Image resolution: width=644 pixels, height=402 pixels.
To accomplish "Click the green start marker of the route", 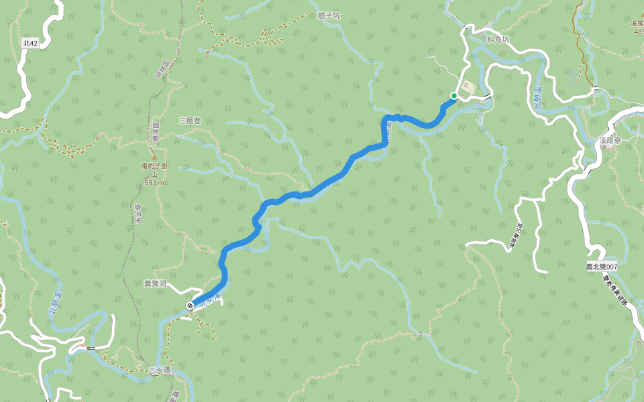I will click(x=454, y=96).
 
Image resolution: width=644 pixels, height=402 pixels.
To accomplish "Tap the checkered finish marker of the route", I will click(x=191, y=306).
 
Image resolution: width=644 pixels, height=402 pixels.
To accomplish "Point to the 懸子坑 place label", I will click(x=329, y=15).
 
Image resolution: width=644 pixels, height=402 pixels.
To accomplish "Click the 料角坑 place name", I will click(x=498, y=40).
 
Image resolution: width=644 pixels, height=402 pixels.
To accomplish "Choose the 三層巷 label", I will click(x=190, y=121).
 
